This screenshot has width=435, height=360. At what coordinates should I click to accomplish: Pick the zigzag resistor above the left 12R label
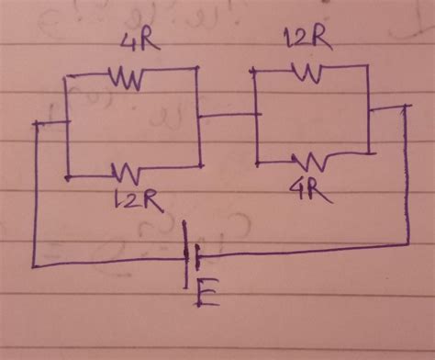tap(126, 170)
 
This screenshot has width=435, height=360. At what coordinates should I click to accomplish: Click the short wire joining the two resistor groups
tap(229, 116)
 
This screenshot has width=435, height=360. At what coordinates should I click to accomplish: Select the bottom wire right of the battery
tap(303, 249)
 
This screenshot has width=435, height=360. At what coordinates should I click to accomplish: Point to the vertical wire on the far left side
tap(34, 193)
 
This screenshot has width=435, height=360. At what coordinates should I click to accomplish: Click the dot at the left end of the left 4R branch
tap(65, 79)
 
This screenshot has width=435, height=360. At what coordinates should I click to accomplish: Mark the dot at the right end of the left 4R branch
tap(198, 70)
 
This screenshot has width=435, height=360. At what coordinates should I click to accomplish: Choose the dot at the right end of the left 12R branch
tap(199, 166)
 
